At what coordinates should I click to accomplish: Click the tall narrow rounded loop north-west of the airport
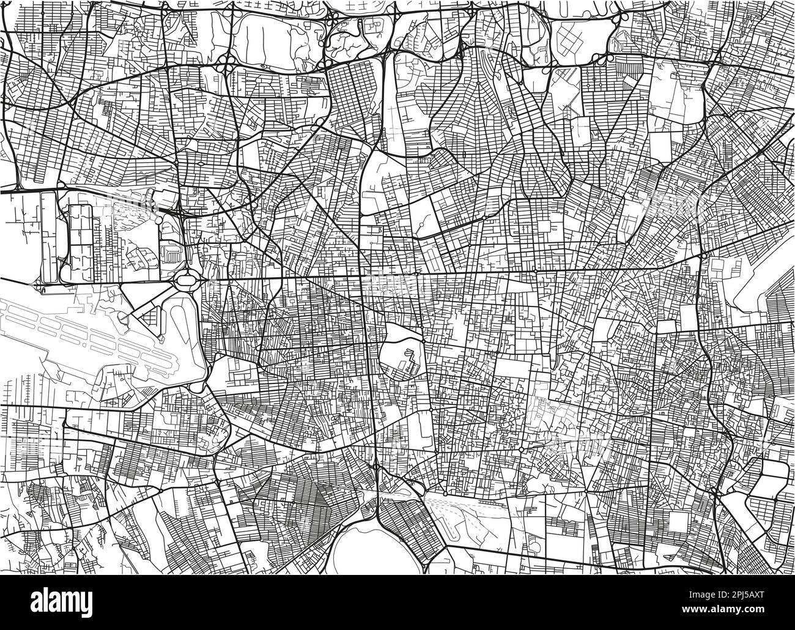(x=50, y=235)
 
